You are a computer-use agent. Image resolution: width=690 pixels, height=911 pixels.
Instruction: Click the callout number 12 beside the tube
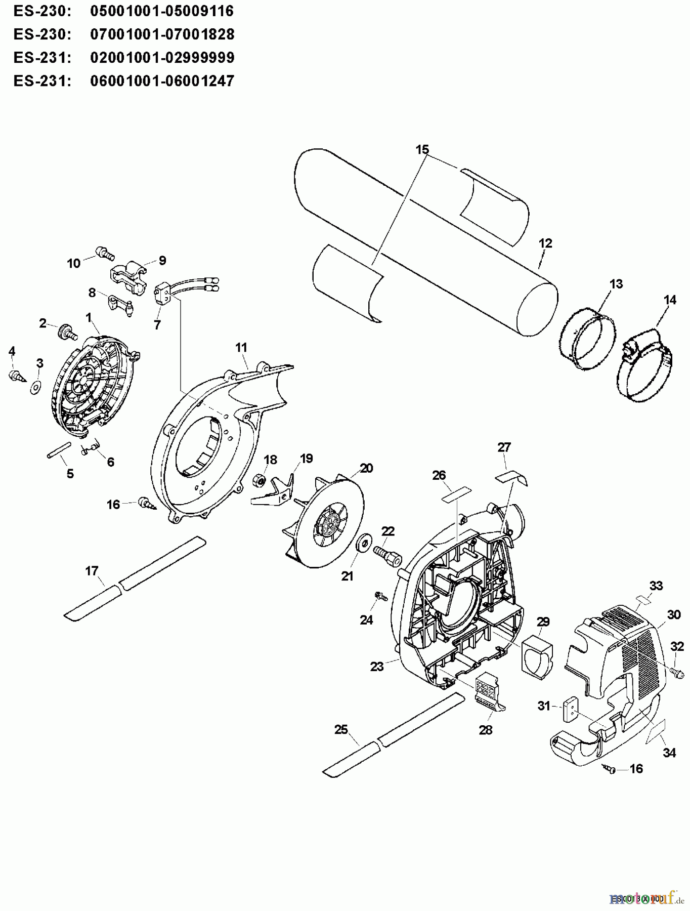545,243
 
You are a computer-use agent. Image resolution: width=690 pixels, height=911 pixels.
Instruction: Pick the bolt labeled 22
387,555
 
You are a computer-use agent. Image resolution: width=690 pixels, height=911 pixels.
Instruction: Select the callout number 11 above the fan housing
241,348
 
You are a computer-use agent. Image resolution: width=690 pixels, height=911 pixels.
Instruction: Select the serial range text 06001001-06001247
162,81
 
